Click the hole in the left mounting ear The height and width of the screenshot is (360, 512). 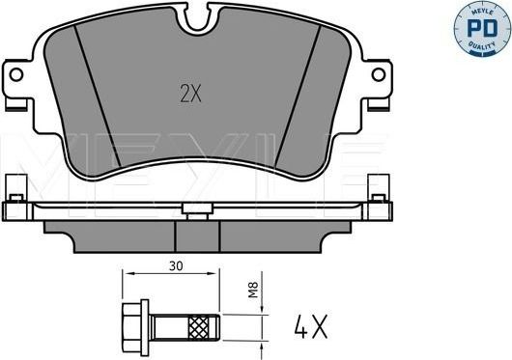point(15,74)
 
